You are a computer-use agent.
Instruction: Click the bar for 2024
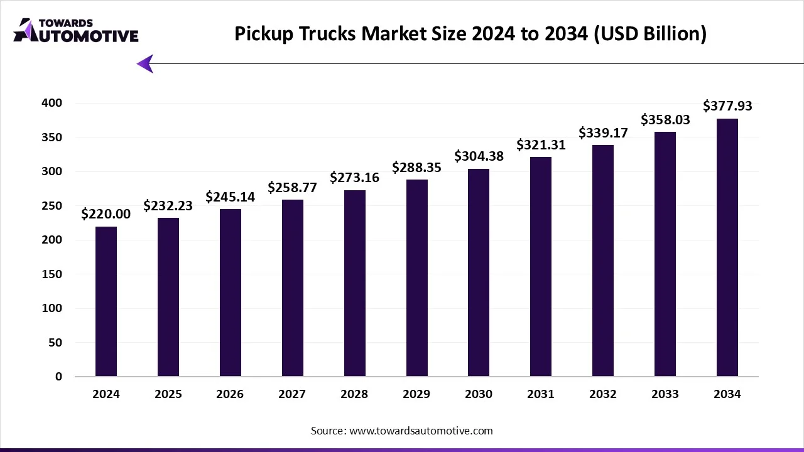pos(106,301)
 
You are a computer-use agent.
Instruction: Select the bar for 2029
pos(416,278)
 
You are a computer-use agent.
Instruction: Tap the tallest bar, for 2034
pos(727,247)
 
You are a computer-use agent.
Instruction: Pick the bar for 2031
pos(541,267)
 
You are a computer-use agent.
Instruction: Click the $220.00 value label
pos(106,214)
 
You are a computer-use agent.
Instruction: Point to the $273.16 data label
pos(354,178)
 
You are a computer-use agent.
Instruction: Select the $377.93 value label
pos(727,106)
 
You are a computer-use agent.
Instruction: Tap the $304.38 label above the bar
pos(479,156)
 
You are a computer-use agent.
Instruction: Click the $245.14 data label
pos(230,197)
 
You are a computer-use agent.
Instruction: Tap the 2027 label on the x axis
pos(292,394)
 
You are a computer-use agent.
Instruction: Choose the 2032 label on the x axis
pos(603,394)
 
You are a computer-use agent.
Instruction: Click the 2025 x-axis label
pos(168,394)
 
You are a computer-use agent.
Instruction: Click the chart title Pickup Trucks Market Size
pos(470,34)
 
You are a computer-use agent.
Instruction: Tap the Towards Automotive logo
pos(75,30)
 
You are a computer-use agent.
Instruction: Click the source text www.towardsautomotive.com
pos(402,431)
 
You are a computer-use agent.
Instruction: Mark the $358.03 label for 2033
pos(665,119)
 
